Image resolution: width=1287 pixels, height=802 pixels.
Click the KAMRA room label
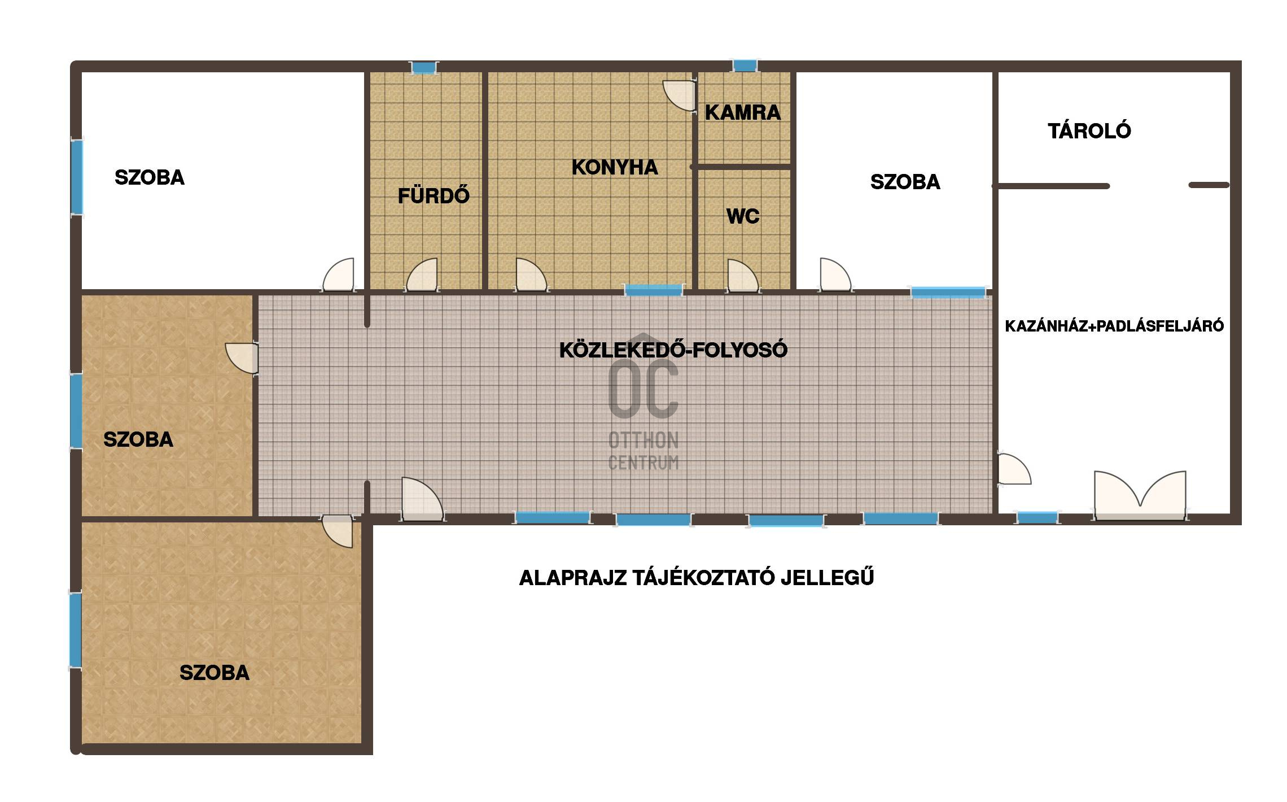click(x=743, y=113)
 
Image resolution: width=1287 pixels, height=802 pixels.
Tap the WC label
click(x=743, y=216)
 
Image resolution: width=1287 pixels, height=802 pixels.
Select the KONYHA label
click(x=615, y=167)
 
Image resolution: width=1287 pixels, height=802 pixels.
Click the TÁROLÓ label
click(x=1089, y=130)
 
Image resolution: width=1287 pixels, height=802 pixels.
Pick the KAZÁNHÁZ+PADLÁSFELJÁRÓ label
click(x=1114, y=326)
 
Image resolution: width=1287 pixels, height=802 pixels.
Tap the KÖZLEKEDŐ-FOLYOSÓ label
click(x=673, y=350)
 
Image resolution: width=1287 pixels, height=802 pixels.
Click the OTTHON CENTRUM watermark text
click(x=643, y=451)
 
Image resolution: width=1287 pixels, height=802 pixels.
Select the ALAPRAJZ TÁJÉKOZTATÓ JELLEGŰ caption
click(x=697, y=577)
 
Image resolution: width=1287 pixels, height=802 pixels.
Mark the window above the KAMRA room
click(x=745, y=66)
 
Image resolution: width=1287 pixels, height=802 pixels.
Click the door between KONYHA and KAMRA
click(x=679, y=96)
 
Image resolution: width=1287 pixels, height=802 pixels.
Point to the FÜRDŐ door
click(x=422, y=276)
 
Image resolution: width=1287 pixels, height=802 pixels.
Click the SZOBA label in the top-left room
click(x=150, y=177)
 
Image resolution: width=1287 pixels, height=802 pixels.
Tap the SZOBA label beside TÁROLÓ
click(x=905, y=182)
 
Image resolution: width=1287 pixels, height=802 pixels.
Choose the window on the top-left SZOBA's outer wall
click(x=77, y=177)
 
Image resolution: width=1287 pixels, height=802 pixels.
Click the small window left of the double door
click(x=1037, y=517)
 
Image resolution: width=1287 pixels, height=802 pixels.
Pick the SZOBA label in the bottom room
click(x=214, y=673)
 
